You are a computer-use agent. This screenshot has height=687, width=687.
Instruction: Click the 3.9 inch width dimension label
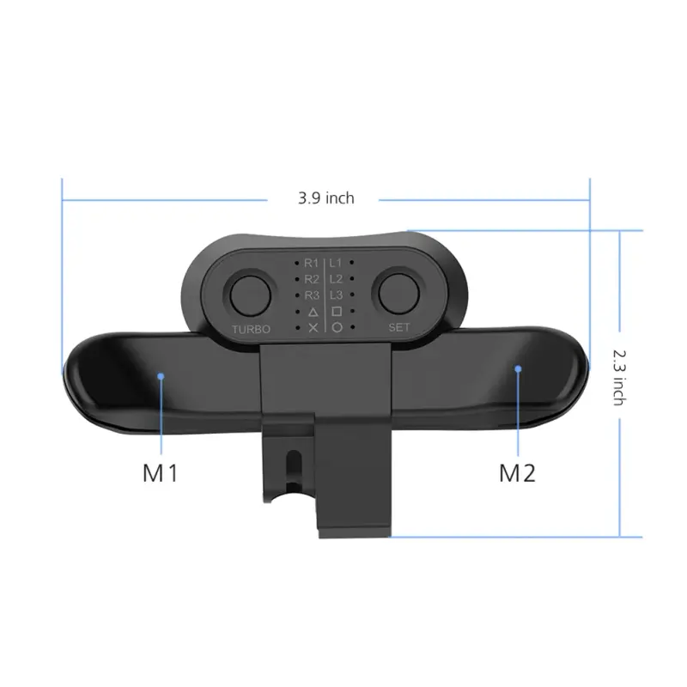click(325, 198)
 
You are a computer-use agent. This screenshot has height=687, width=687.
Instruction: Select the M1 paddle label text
click(161, 471)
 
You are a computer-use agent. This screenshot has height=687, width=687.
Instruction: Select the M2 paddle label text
click(518, 471)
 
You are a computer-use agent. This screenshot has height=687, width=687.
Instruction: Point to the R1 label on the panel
click(311, 262)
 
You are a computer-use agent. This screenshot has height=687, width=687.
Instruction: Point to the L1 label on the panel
click(337, 262)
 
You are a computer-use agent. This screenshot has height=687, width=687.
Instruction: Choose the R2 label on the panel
click(311, 278)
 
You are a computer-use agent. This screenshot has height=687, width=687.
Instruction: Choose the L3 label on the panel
click(337, 295)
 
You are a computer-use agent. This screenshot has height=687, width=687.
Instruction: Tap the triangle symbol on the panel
click(313, 311)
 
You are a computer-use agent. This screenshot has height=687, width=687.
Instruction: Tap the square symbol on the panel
click(337, 311)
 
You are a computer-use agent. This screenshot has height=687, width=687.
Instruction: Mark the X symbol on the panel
click(313, 327)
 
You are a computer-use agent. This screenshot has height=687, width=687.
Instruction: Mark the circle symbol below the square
click(337, 327)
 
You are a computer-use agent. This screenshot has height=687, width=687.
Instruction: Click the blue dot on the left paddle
click(161, 374)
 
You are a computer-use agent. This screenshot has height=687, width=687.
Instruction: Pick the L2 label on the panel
click(337, 278)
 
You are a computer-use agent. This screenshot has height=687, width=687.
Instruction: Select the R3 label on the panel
click(311, 295)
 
